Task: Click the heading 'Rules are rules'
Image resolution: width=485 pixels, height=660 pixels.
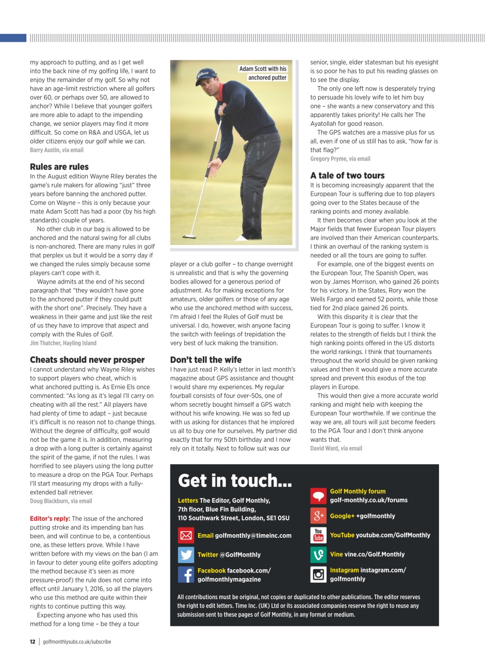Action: pos(59,167)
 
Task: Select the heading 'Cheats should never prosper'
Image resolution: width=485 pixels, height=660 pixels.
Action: pos(87,359)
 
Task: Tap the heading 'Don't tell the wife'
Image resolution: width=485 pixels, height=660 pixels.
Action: pos(206,359)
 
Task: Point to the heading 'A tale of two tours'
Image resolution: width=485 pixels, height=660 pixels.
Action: pos(347,175)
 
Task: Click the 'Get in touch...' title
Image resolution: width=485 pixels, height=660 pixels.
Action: pos(235,481)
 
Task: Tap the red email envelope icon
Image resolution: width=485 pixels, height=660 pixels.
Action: pos(186,535)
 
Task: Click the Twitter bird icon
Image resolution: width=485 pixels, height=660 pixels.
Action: pos(186,555)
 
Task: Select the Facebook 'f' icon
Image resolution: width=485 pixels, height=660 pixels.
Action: pos(186,574)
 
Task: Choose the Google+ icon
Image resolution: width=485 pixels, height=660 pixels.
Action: pos(318,516)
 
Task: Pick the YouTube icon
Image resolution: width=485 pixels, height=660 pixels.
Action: pos(318,535)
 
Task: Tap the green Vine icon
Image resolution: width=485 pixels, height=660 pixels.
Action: pos(318,555)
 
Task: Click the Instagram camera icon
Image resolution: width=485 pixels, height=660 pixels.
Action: pos(318,574)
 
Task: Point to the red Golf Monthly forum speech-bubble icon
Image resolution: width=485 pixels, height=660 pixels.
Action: pos(318,496)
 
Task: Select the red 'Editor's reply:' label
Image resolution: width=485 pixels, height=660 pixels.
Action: pos(50,519)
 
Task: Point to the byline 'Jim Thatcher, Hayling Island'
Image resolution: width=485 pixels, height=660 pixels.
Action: pos(63,343)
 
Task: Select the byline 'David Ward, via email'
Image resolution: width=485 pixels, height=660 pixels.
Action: pos(336,448)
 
